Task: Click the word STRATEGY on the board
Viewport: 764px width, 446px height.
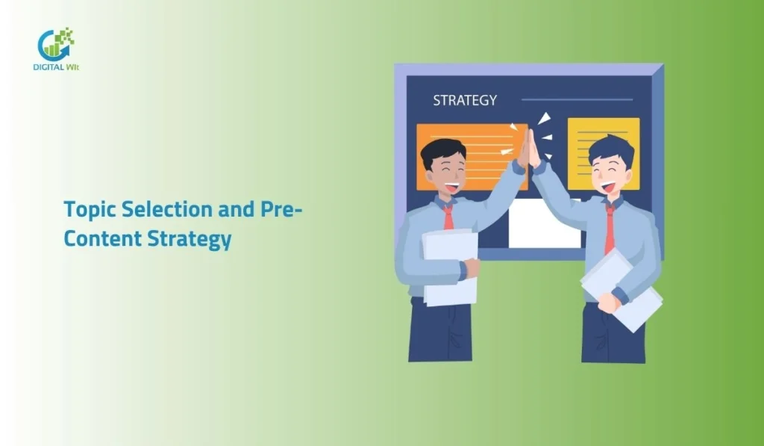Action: coord(465,100)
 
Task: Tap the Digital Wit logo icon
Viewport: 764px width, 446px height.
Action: coord(56,44)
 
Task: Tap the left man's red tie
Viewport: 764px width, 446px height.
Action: coord(448,216)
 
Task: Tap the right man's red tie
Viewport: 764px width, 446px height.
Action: coord(610,228)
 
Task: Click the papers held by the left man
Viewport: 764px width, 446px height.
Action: coord(450,266)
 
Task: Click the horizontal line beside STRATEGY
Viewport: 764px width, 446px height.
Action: coord(577,99)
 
